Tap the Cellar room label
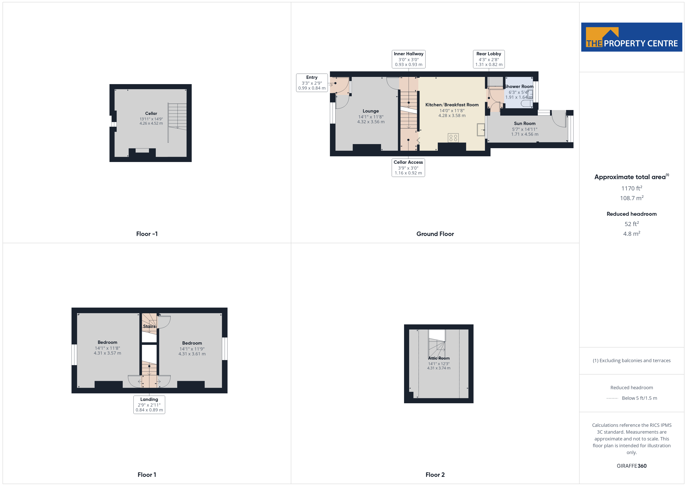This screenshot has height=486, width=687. point(151,114)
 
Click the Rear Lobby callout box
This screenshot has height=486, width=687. point(489,59)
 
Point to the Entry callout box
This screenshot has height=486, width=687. point(312,83)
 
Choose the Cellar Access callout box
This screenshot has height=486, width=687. point(408,168)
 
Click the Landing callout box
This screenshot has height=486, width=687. point(149,405)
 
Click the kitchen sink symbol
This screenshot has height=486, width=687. point(481,129)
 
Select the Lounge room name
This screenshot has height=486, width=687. point(371,111)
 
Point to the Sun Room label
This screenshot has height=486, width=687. point(525,123)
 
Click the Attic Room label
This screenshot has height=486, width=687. point(439,358)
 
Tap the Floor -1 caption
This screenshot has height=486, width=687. point(147,234)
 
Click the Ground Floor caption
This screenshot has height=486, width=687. point(435,234)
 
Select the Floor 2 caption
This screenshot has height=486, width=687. point(435,475)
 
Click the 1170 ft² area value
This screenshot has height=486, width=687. point(632,188)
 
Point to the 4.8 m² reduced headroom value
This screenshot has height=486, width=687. point(632,234)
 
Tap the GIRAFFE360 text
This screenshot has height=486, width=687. point(632,466)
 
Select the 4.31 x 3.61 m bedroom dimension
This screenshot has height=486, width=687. point(192,354)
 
